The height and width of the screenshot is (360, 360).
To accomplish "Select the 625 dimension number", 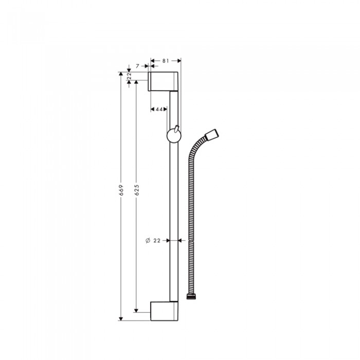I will pyautogui.click(x=136, y=190).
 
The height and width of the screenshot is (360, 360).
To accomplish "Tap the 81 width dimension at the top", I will pyautogui.click(x=165, y=61).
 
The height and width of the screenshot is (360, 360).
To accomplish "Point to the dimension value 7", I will pyautogui.click(x=138, y=65).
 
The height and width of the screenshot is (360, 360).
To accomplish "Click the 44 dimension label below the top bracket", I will pyautogui.click(x=159, y=109).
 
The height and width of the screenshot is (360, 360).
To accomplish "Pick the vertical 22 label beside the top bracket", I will pyautogui.click(x=129, y=77).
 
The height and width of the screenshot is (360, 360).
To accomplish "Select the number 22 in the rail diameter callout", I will pyautogui.click(x=157, y=240).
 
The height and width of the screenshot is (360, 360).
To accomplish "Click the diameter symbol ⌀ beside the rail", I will pyautogui.click(x=147, y=240).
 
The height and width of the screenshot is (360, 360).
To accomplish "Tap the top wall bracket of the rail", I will pyautogui.click(x=164, y=81).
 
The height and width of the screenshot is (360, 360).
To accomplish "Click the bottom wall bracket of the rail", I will pyautogui.click(x=165, y=311).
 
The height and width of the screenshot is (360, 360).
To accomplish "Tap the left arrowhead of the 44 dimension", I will pyautogui.click(x=153, y=109).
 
